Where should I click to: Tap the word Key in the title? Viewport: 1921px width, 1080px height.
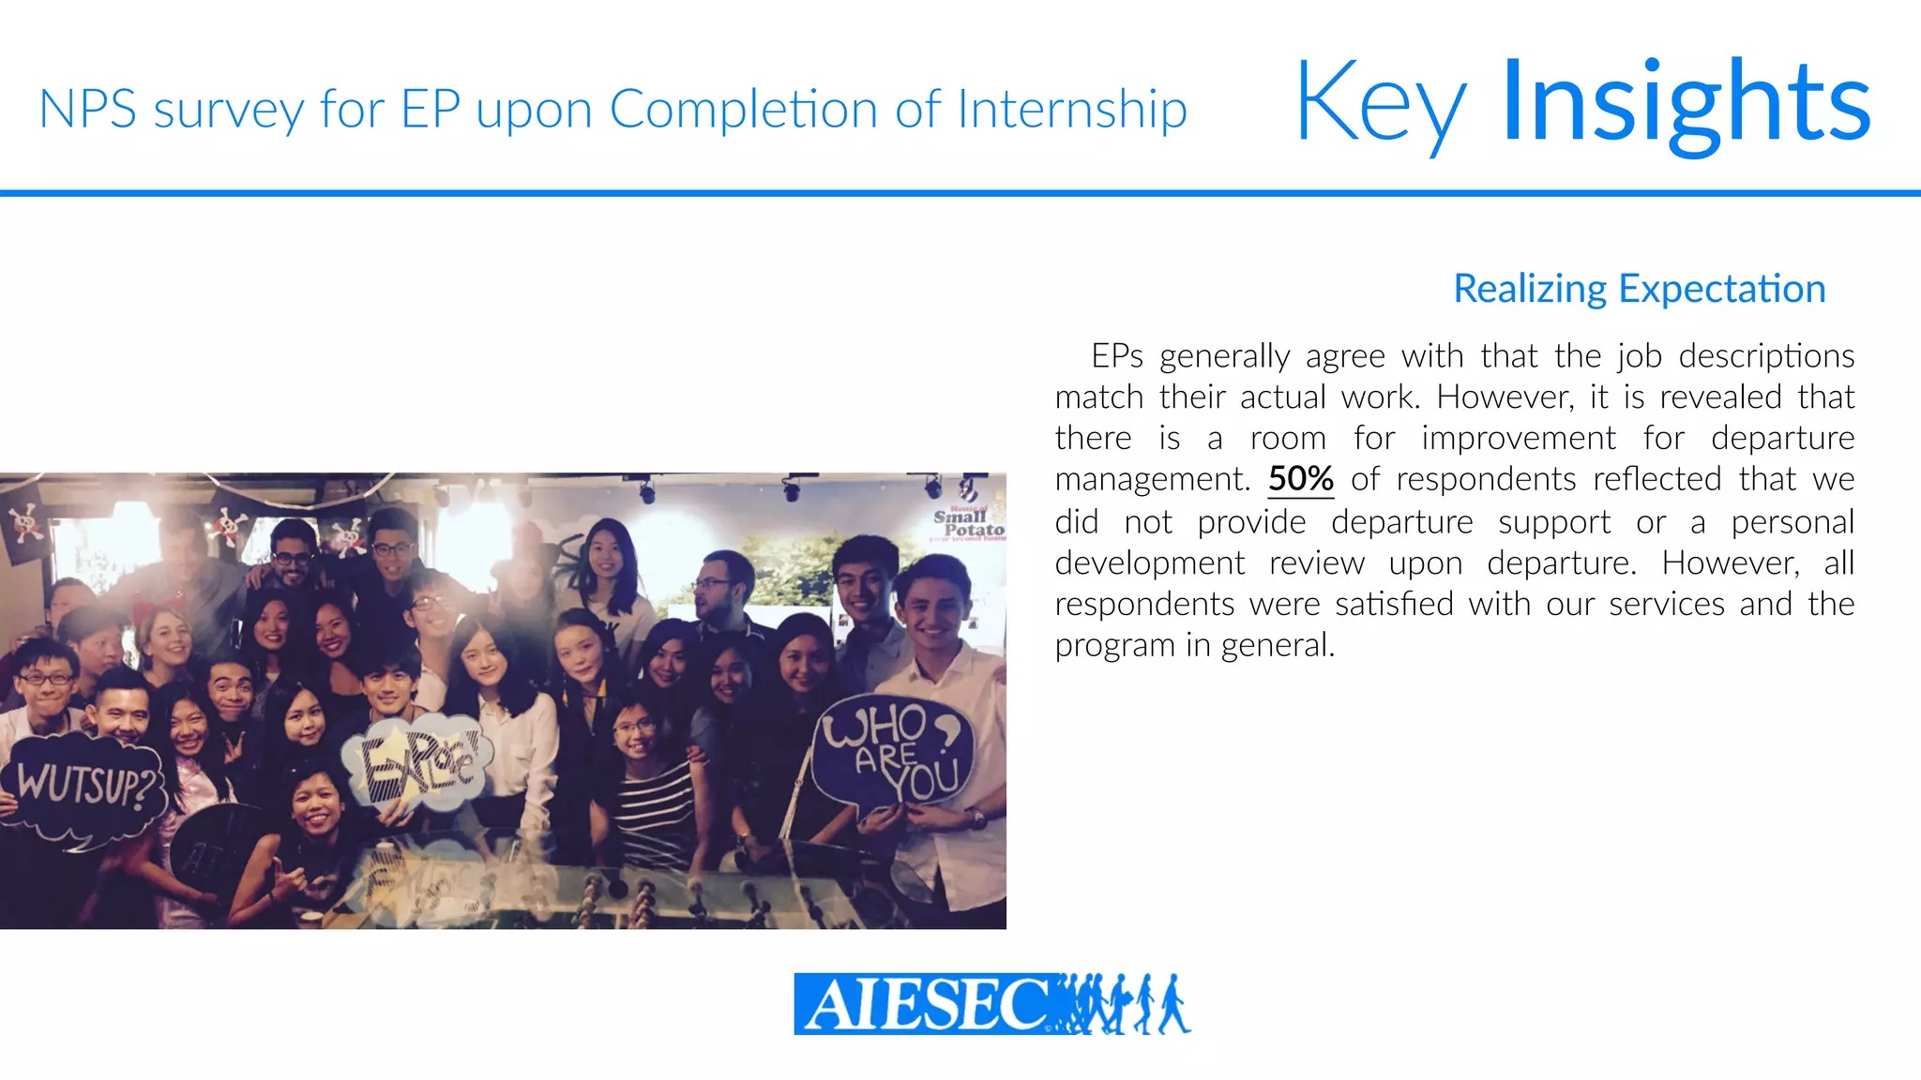pos(1381,105)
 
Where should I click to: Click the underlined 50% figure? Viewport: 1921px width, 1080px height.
pos(1300,479)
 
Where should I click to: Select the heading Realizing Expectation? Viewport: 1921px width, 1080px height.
pos(1639,289)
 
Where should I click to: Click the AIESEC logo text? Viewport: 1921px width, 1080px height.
pos(924,1004)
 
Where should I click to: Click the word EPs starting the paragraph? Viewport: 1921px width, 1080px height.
pos(1116,356)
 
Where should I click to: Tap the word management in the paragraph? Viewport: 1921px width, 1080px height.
pos(1152,480)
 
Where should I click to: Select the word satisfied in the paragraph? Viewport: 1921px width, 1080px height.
pos(1394,604)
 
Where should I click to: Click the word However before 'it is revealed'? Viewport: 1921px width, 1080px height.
pos(1505,397)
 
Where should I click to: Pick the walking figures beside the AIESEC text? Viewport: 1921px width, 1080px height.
pos(1126,1004)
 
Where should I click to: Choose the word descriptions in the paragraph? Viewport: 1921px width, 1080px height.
pos(1766,356)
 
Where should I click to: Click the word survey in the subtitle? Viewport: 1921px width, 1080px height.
pos(229,111)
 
